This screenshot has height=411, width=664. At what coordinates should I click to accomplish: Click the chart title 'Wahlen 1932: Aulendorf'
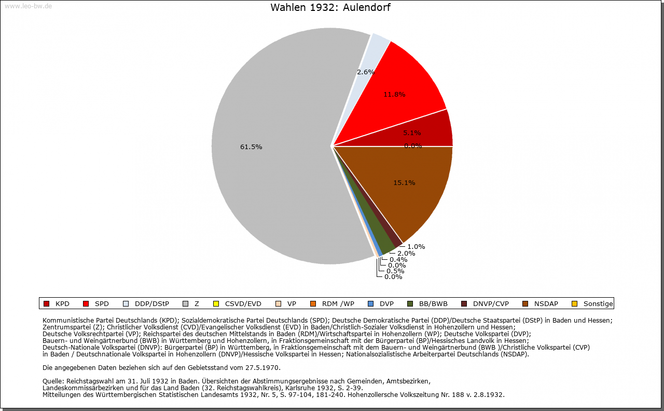(330, 8)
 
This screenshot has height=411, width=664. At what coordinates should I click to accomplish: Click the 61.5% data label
(251, 147)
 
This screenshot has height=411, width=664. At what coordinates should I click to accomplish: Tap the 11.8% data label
(394, 95)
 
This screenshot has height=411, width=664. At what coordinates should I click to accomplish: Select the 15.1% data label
(404, 183)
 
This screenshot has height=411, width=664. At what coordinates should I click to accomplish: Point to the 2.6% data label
(366, 72)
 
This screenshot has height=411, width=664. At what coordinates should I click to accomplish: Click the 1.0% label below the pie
(416, 247)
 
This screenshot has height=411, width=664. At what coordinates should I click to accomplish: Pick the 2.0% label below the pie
(406, 254)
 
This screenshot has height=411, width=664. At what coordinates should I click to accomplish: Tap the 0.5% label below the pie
(395, 271)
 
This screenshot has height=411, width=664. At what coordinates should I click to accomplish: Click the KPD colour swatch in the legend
(46, 303)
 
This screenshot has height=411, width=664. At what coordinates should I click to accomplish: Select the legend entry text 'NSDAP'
(547, 304)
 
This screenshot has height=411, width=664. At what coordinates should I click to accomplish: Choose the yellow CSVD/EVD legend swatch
(216, 303)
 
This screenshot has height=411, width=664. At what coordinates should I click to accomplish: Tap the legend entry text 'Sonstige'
(598, 304)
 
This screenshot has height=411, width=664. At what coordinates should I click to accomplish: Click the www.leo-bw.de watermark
(28, 6)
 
